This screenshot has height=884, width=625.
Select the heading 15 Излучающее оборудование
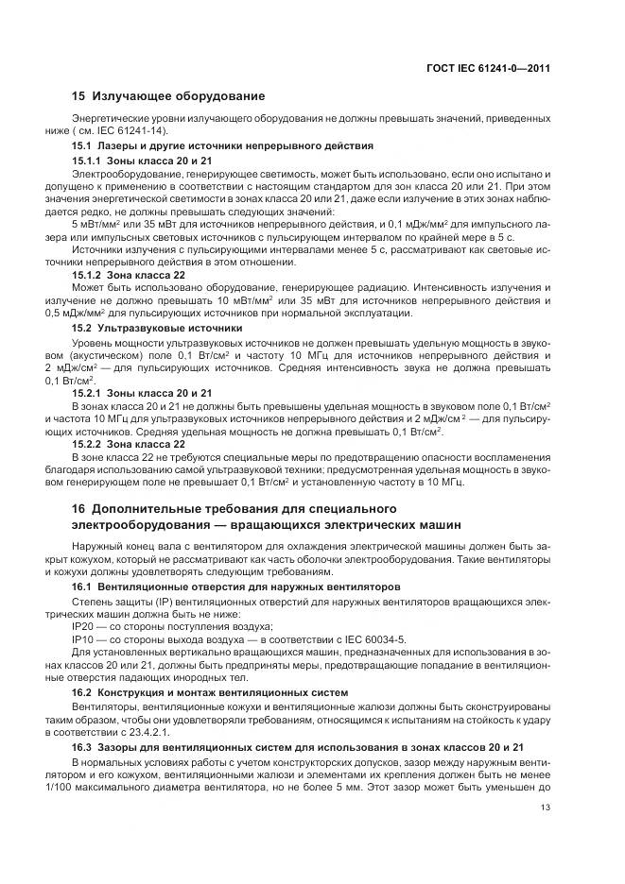point(168,96)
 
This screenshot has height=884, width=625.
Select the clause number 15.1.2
point(90,274)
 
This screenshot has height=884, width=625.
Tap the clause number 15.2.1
point(90,391)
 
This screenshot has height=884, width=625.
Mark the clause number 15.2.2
point(90,443)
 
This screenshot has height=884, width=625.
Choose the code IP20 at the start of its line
point(83,626)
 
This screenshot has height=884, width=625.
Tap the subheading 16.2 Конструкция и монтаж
point(210,692)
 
